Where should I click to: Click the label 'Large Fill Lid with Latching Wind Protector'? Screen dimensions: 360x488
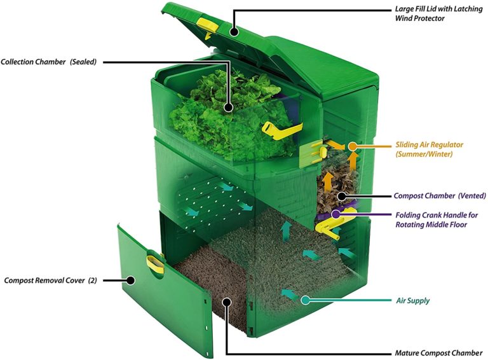point(437,15)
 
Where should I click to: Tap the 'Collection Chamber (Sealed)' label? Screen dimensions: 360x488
point(48,62)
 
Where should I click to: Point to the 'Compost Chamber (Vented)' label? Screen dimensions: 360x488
point(440,195)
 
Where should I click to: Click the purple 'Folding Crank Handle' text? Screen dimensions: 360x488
point(436,220)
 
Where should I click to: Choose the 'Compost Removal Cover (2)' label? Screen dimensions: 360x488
point(50,280)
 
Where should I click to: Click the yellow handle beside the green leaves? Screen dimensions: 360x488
point(280,130)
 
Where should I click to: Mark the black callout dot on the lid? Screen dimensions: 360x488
point(234,30)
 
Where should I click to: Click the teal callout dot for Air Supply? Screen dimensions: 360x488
point(306,299)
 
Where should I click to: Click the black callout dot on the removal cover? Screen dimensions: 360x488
point(132,280)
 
